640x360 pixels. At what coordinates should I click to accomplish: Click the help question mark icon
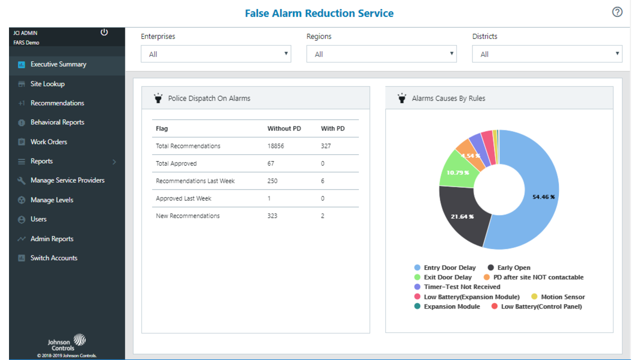click(617, 12)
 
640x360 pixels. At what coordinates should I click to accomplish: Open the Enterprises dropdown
click(216, 54)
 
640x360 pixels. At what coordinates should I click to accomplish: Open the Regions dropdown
click(381, 54)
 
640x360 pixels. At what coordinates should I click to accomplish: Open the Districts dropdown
click(547, 54)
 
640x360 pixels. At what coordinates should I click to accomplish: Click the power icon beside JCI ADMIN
click(104, 32)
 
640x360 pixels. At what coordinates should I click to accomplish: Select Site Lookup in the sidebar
click(47, 84)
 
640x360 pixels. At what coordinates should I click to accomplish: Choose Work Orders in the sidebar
click(48, 142)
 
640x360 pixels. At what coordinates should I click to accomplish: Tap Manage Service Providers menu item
click(67, 180)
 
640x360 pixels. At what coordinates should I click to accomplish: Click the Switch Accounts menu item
click(54, 258)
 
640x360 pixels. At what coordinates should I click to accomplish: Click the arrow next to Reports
click(114, 161)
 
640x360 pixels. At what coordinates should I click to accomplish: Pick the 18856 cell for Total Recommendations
click(276, 146)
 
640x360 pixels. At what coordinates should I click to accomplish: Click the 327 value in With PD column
click(326, 146)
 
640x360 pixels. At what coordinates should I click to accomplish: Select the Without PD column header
click(284, 128)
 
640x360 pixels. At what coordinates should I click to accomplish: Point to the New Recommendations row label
click(187, 216)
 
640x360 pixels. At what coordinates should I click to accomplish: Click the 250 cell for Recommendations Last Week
click(272, 181)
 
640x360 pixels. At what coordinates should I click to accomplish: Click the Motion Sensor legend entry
click(562, 297)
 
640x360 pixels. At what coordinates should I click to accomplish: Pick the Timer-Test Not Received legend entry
click(461, 287)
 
